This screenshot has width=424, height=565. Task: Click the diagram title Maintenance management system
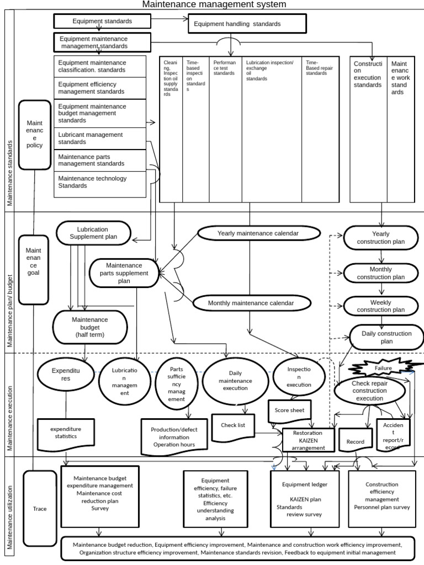215,5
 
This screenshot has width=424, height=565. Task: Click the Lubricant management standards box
100,138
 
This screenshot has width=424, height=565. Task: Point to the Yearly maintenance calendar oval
258,233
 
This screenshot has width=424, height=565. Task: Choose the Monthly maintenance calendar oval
251,303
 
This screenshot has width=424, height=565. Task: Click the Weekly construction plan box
381,306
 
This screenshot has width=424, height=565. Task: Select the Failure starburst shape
384,368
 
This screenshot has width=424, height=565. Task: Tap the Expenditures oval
66,375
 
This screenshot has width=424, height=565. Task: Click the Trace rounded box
40,509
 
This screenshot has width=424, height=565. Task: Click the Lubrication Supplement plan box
93,233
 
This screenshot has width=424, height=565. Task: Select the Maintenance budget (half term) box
89,327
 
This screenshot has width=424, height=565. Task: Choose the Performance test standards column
225,130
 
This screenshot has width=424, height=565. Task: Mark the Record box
355,442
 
